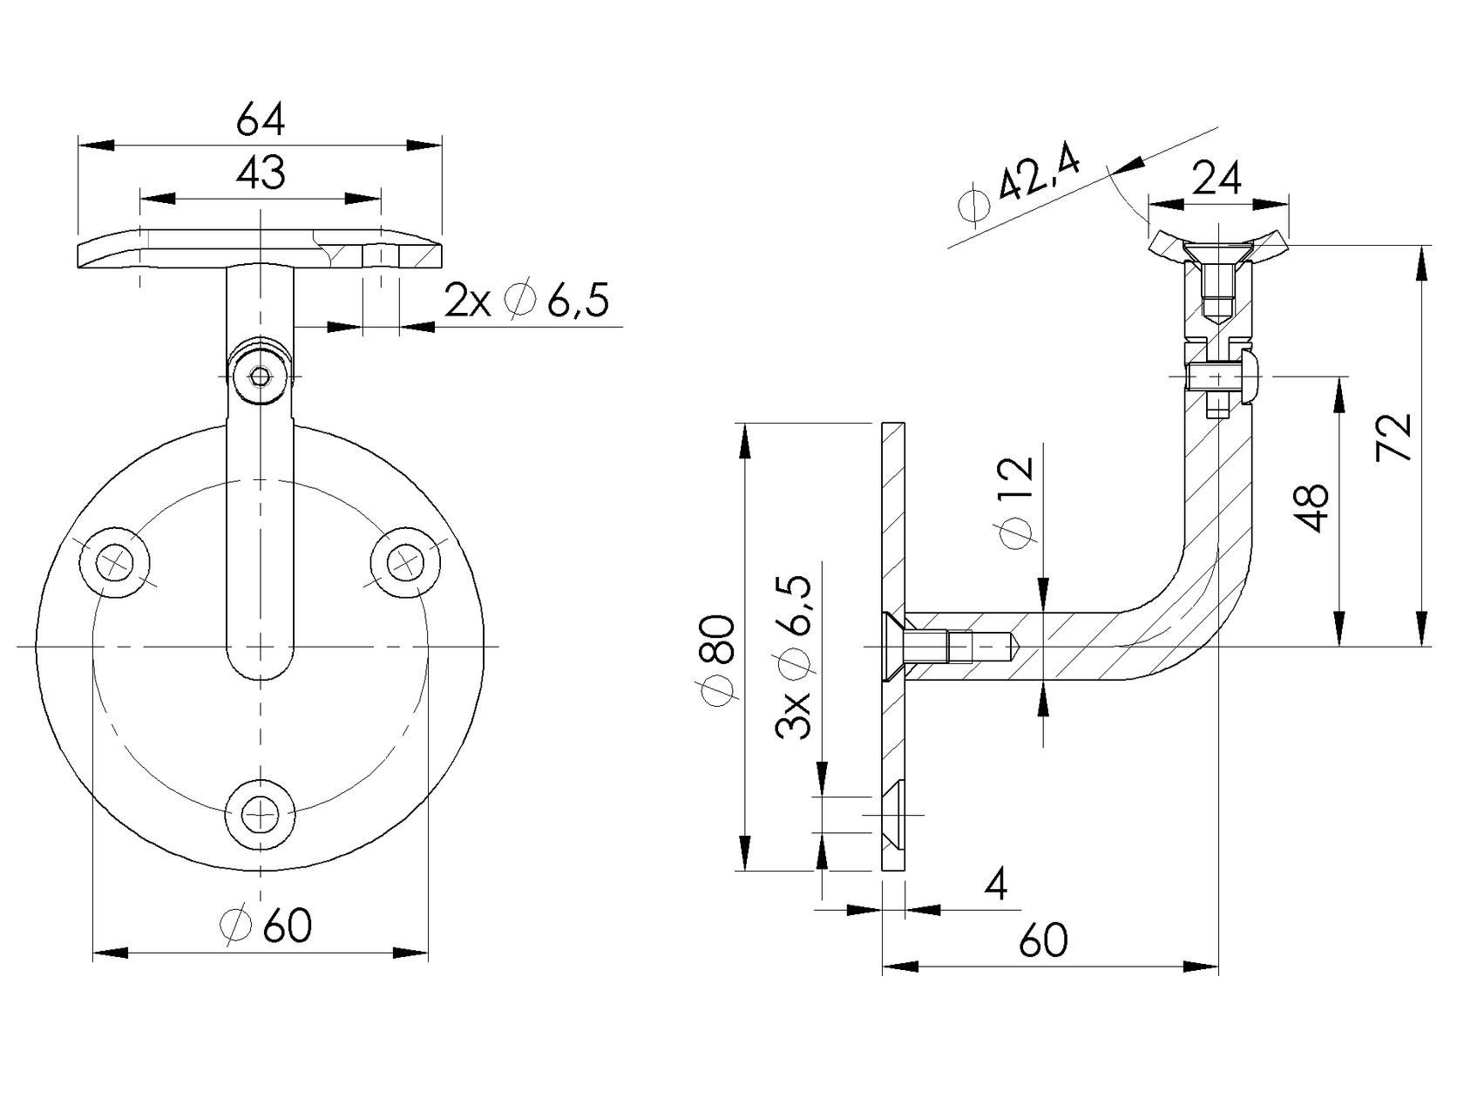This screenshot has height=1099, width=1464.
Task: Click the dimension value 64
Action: click(261, 119)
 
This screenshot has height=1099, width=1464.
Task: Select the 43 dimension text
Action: click(261, 173)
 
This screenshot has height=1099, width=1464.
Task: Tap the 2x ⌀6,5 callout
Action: click(526, 302)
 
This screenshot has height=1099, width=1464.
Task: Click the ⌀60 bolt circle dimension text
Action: click(268, 926)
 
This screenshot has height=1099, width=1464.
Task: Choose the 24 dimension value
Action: click(1217, 179)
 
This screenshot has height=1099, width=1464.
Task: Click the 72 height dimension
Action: click(1393, 438)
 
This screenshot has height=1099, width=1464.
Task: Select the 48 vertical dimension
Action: click(1311, 507)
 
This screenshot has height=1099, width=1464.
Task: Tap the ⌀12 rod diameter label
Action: click(1016, 504)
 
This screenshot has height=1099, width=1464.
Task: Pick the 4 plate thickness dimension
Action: click(996, 885)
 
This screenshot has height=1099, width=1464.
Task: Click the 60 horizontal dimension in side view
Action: click(1043, 940)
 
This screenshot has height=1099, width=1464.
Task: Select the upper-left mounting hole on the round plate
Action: click(114, 561)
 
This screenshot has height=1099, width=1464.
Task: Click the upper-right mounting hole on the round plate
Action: click(404, 561)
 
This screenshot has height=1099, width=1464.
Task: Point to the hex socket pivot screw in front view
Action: click(260, 377)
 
